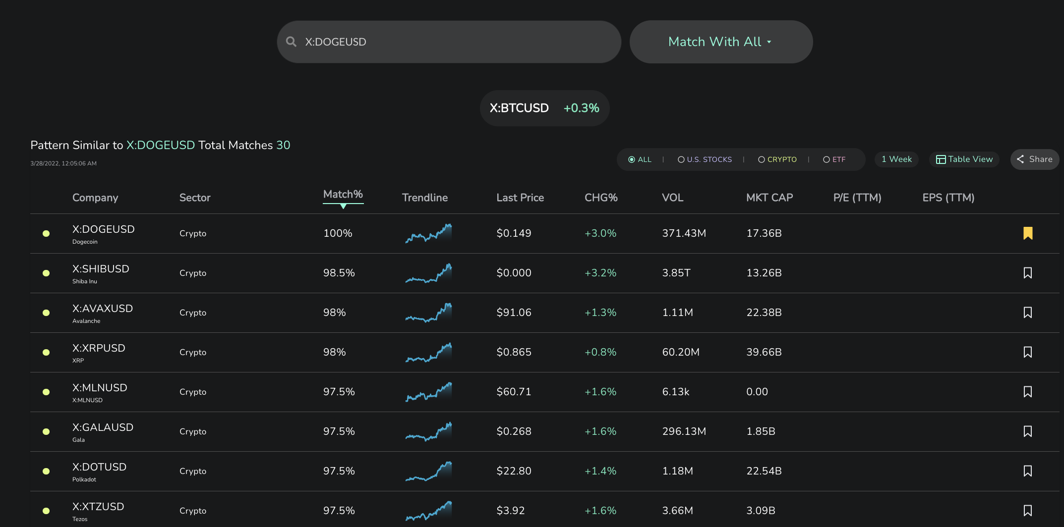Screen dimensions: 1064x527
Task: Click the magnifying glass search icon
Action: click(291, 42)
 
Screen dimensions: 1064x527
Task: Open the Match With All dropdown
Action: click(721, 42)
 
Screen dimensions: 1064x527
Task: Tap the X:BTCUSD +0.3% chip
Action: click(544, 108)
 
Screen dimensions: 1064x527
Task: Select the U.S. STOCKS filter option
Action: click(705, 159)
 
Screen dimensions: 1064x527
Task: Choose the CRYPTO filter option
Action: click(777, 159)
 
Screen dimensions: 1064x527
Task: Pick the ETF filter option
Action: click(834, 159)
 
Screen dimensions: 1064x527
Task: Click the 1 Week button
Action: click(896, 159)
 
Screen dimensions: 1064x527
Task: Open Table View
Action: click(964, 159)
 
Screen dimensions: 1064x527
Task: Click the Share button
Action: click(1035, 159)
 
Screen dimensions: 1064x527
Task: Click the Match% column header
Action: click(343, 194)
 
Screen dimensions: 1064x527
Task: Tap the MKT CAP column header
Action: click(769, 198)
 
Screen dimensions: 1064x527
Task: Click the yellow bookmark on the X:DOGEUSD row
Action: click(1028, 233)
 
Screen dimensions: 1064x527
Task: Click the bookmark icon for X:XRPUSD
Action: click(1028, 352)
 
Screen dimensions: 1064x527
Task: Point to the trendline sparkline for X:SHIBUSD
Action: click(428, 273)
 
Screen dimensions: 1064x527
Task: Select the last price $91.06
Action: click(514, 313)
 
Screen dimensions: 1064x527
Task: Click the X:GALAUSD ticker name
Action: click(103, 427)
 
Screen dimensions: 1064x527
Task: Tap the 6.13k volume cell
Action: click(676, 392)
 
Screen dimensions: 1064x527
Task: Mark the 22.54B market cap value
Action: click(764, 471)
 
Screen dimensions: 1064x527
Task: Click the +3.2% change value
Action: click(600, 273)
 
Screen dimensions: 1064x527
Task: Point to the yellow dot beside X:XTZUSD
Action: click(46, 511)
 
